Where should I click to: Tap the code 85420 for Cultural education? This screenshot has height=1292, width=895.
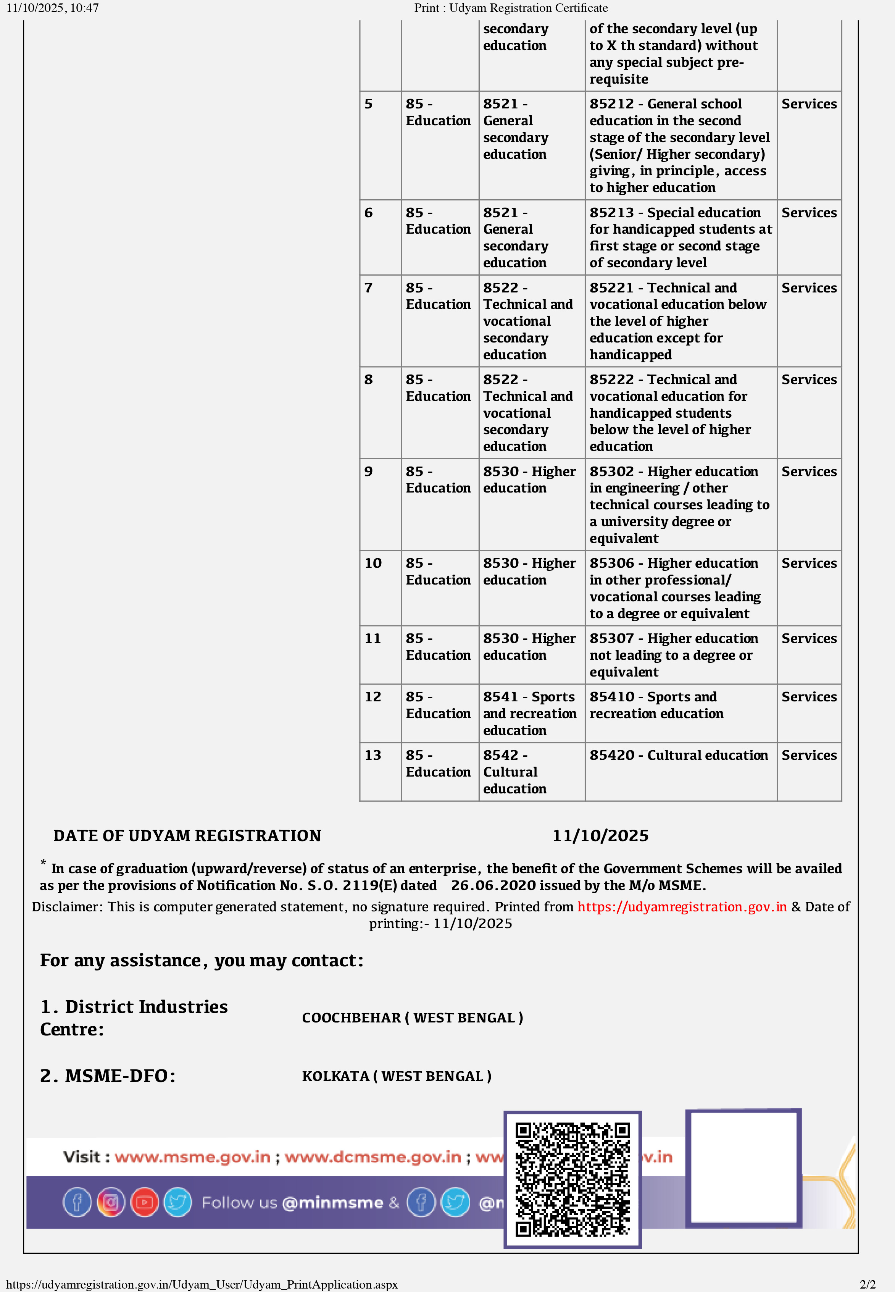click(612, 756)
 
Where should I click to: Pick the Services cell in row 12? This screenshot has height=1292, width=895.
click(809, 697)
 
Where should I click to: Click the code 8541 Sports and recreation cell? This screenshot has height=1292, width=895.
click(529, 713)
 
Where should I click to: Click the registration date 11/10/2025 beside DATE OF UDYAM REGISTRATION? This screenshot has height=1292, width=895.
click(600, 836)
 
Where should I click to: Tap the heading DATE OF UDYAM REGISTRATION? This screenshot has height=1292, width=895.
click(187, 836)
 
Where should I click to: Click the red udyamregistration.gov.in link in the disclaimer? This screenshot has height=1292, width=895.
click(682, 907)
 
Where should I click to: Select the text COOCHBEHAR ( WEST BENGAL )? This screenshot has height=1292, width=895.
click(412, 1017)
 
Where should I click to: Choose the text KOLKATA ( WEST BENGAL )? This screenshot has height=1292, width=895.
click(397, 1076)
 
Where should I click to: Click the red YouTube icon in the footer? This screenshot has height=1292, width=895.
click(144, 1202)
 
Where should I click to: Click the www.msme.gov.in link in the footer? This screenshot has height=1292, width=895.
click(192, 1157)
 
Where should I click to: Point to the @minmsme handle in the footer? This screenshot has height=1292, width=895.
click(332, 1203)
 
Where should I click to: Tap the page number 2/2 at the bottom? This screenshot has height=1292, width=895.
click(868, 1284)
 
